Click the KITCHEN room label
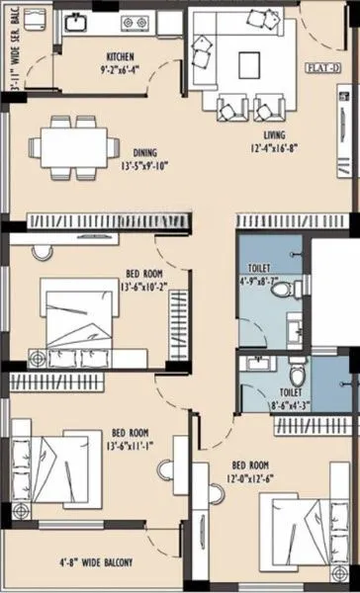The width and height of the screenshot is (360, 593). pos(121,57)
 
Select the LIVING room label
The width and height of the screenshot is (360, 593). pos(276,133)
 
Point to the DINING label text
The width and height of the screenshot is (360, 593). pos(151,153)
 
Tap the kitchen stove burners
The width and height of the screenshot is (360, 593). pos(133,22)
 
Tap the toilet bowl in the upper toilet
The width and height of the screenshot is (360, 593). pos(288,292)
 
